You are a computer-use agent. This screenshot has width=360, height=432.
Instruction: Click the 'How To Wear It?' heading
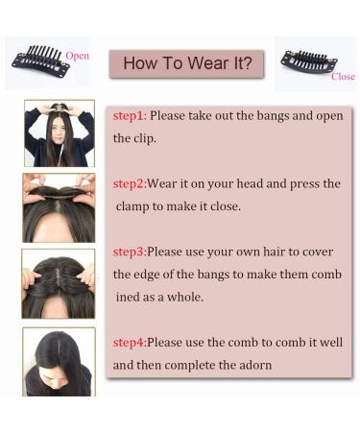[187, 64]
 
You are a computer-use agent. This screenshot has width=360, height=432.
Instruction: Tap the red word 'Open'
[78, 56]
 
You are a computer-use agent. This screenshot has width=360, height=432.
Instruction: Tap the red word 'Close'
[343, 77]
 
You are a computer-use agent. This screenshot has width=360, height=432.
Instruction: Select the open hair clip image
[42, 59]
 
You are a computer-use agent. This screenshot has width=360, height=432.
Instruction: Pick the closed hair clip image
[308, 61]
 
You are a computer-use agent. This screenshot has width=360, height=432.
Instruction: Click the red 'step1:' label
[129, 115]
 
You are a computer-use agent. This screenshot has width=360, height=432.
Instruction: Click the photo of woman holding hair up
[59, 132]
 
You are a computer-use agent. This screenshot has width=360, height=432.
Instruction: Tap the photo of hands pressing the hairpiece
[59, 208]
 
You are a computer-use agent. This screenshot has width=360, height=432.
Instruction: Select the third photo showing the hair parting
[59, 283]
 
